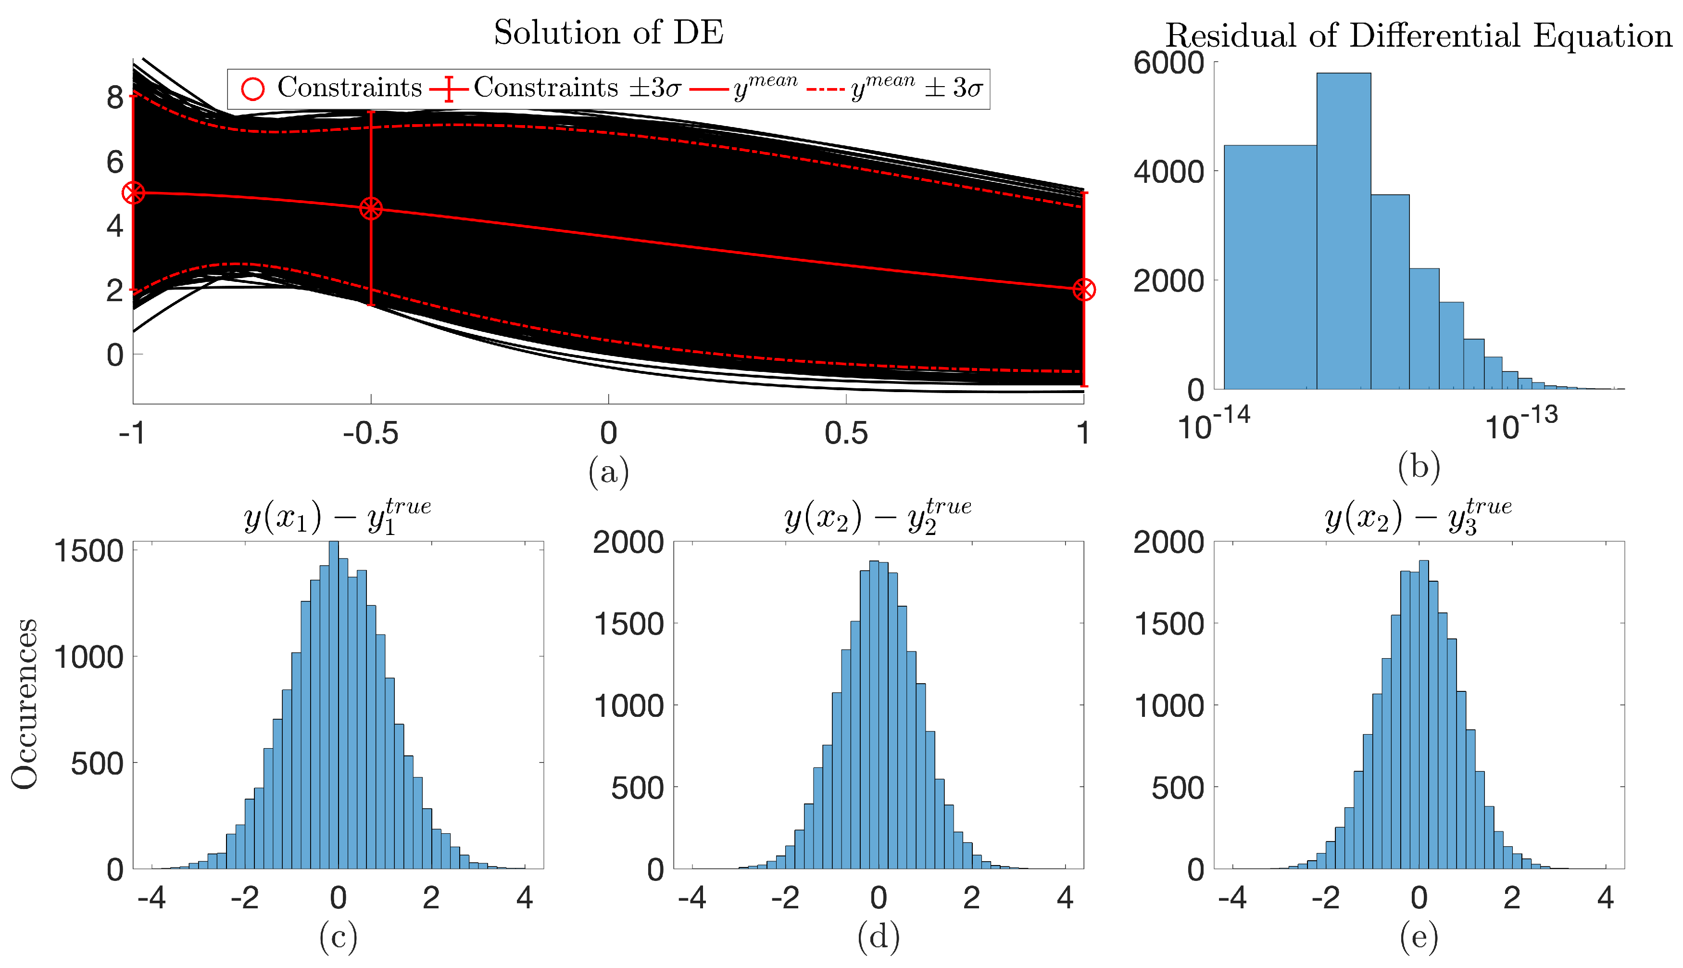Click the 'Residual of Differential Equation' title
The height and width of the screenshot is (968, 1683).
(x=1418, y=35)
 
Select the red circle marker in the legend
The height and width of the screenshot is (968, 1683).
(x=252, y=89)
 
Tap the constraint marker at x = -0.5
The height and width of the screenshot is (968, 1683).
(x=371, y=209)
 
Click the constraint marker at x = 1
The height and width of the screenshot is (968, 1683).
(x=1084, y=290)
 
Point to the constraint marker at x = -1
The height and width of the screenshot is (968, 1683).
(x=134, y=193)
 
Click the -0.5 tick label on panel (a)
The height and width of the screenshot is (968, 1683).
(x=370, y=433)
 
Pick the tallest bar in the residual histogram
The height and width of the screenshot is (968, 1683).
(x=1343, y=233)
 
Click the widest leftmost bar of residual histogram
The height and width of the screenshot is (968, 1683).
(x=1270, y=266)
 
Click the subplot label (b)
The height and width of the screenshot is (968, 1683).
(x=1419, y=467)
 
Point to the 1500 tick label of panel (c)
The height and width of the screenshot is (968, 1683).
(x=88, y=551)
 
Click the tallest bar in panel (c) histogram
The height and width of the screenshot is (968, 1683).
(x=334, y=705)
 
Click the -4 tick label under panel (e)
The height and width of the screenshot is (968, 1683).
(x=1232, y=898)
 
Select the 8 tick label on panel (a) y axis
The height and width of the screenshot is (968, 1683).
(x=115, y=98)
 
